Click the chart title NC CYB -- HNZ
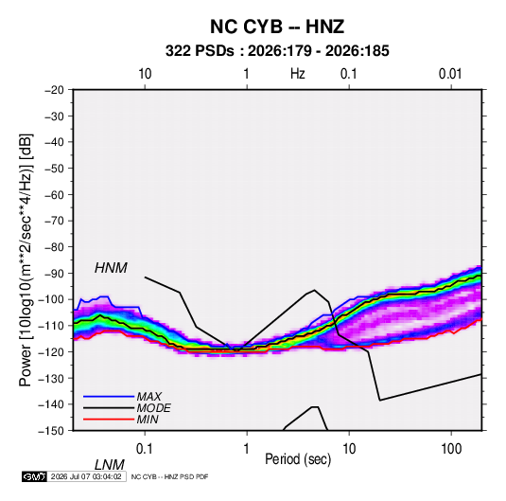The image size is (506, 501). [277, 27]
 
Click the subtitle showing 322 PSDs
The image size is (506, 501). [277, 51]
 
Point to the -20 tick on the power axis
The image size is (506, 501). [54, 90]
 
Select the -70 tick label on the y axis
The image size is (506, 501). [54, 221]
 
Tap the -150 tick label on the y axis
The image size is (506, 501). [51, 431]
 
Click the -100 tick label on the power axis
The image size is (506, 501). [51, 299]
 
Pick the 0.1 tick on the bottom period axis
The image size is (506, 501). [144, 449]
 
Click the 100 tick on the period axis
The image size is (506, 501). [451, 449]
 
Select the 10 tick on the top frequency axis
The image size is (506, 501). [145, 74]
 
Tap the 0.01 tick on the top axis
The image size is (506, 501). [450, 74]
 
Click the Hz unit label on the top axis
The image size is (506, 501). [298, 74]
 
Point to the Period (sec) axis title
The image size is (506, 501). [298, 459]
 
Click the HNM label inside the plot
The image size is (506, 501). [111, 268]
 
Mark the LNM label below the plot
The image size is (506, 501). [110, 465]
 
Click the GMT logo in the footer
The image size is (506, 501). [35, 476]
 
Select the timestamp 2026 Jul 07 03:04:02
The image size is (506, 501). [86, 476]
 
